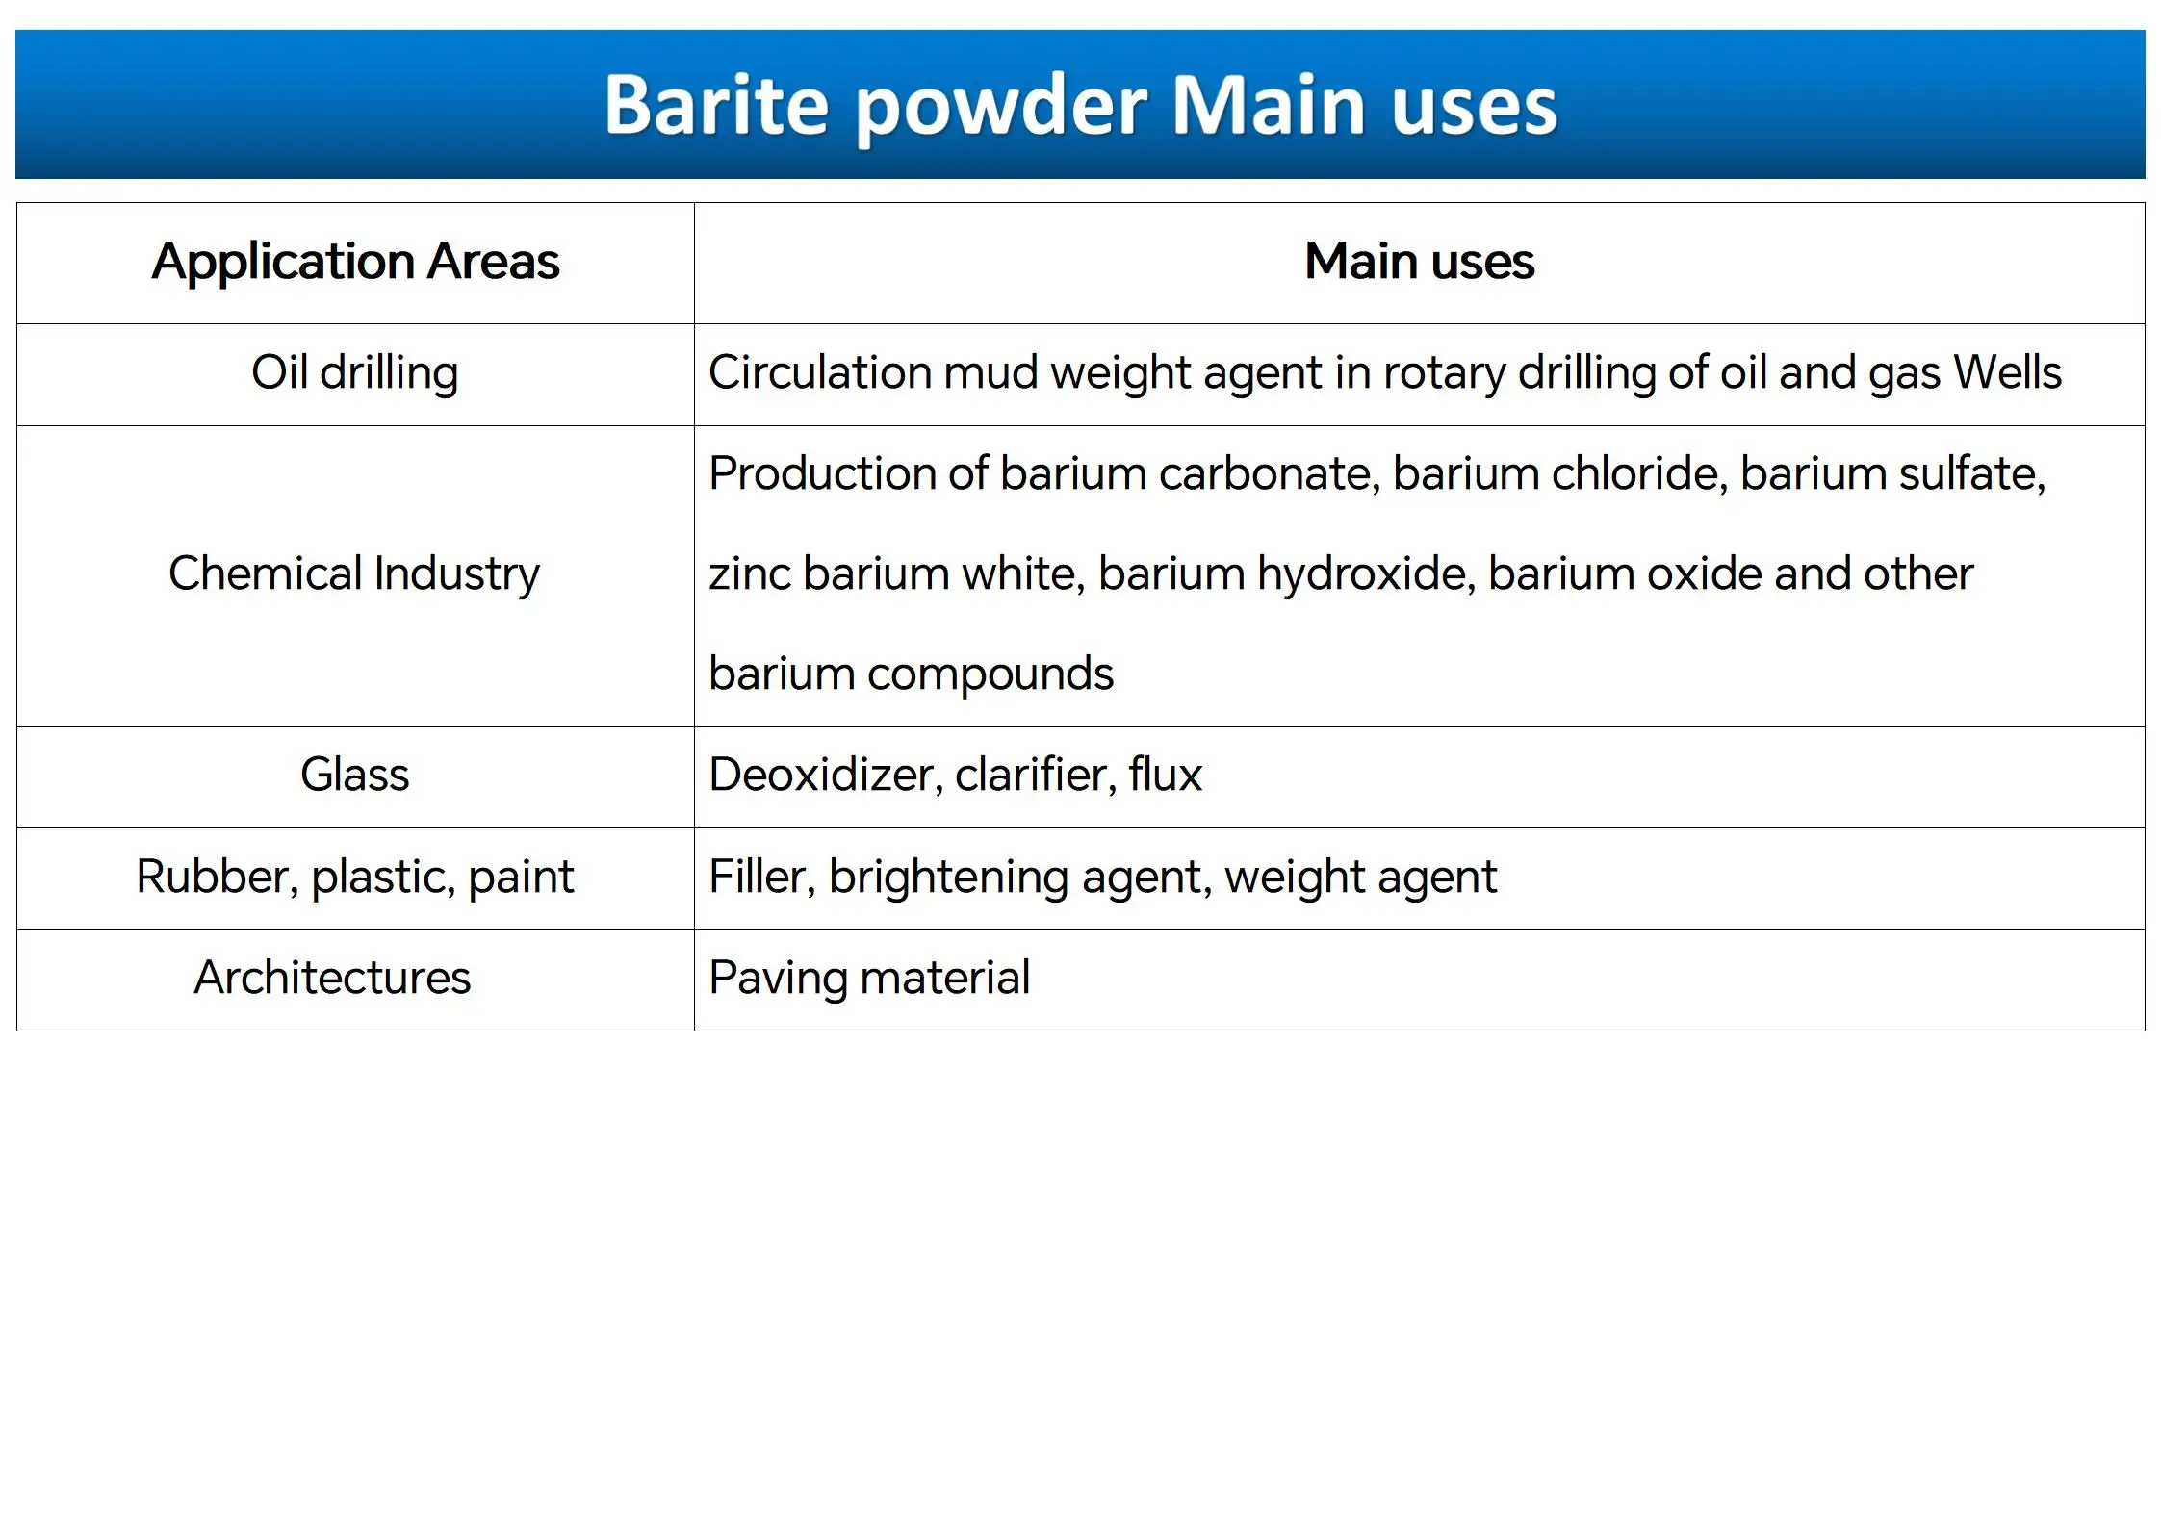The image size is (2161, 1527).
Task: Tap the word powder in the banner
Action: [x=1001, y=108]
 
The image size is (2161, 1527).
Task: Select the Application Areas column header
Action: [x=355, y=262]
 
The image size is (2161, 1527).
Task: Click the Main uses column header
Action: [x=1419, y=261]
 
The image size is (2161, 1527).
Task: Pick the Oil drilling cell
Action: [x=354, y=374]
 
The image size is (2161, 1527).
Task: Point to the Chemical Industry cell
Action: [x=354, y=574]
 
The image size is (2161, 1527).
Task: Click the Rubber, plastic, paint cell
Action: [x=354, y=878]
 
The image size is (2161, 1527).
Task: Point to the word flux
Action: [x=1166, y=775]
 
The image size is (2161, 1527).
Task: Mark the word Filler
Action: [x=762, y=878]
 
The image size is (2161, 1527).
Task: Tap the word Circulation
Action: [x=820, y=373]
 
